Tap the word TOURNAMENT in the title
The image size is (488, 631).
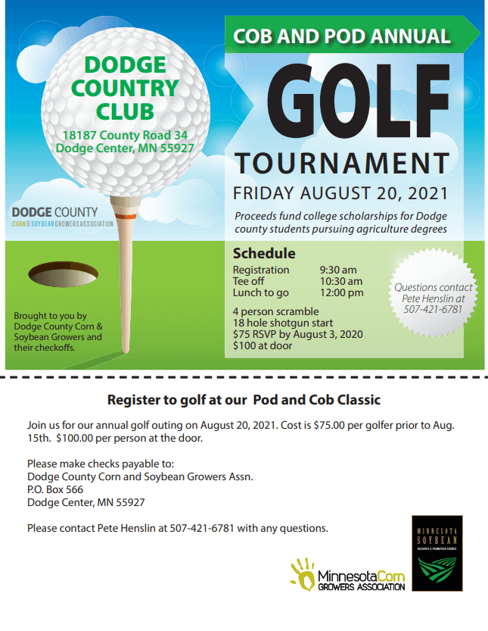click(x=342, y=163)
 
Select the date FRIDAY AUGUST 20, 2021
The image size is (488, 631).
click(x=340, y=192)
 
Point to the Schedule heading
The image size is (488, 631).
click(x=263, y=253)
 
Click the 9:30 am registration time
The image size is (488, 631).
click(x=338, y=270)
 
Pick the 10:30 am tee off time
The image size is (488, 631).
click(x=341, y=281)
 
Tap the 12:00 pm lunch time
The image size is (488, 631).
click(x=341, y=292)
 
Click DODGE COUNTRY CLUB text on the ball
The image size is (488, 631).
click(x=125, y=88)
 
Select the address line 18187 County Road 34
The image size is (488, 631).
click(x=125, y=135)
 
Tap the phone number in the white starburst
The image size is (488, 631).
click(x=433, y=309)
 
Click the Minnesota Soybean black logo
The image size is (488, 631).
click(x=437, y=553)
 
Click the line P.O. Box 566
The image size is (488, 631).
click(x=55, y=489)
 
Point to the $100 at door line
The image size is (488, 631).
click(x=263, y=345)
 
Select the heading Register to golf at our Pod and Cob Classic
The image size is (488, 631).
click(x=244, y=399)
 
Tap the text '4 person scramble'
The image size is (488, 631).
click(x=275, y=311)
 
